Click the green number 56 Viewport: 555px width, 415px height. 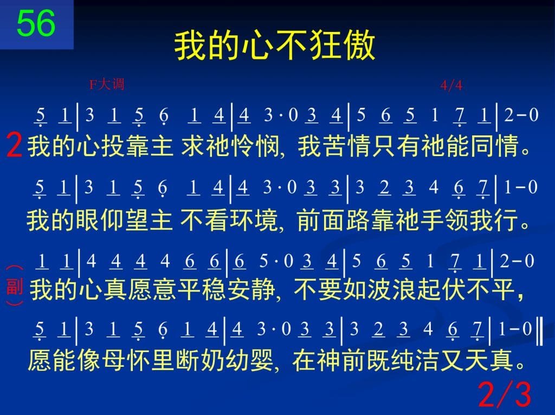(36, 23)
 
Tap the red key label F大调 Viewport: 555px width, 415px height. (107, 85)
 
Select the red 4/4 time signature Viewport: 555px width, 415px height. (451, 85)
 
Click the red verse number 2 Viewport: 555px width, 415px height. (14, 146)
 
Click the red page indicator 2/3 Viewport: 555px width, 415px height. (505, 394)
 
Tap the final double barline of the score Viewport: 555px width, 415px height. (539, 331)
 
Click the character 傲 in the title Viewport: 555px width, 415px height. (360, 46)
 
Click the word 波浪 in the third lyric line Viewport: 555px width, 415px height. (391, 289)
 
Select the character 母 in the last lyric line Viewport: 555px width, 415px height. (114, 360)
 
